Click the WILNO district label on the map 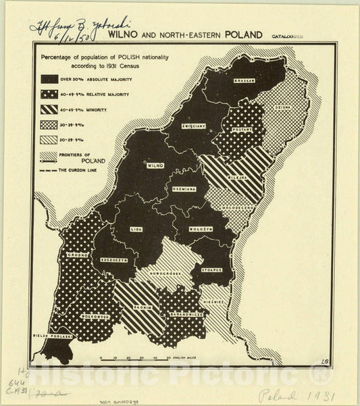(155, 165)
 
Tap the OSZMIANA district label (183, 189)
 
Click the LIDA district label (137, 229)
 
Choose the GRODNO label (72, 255)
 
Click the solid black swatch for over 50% (49, 78)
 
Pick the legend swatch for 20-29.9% (49, 140)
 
